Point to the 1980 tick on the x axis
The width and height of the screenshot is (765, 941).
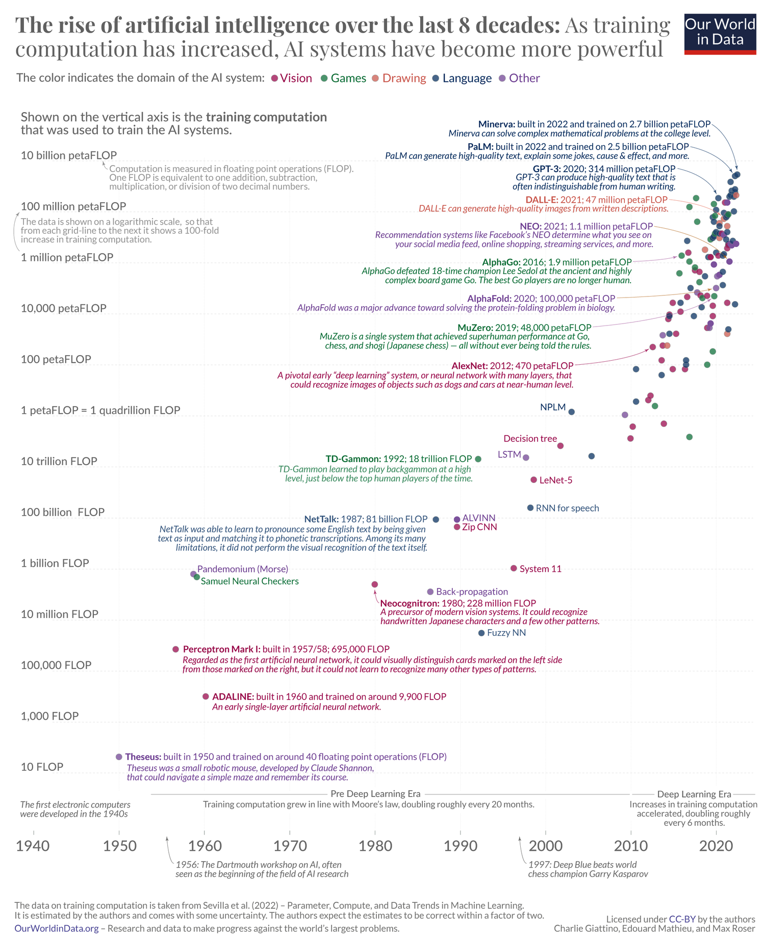[375, 846]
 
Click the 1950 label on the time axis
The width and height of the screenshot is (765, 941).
[120, 846]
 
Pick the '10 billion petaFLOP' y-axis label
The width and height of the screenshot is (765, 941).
[69, 155]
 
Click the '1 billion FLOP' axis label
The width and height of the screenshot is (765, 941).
[55, 563]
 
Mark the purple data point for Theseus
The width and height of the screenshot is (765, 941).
[119, 757]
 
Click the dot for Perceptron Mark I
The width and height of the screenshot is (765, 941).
[176, 649]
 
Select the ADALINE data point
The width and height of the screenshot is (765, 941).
[206, 696]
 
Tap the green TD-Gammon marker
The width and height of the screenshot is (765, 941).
[478, 459]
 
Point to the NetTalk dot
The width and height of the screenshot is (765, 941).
[436, 520]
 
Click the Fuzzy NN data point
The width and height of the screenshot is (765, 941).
[481, 633]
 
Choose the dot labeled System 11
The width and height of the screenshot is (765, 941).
[514, 568]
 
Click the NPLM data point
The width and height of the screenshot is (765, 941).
[572, 412]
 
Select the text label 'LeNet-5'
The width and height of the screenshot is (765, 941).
[555, 480]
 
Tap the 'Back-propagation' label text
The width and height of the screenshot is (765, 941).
[472, 592]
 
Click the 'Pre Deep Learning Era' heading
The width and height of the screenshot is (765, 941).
[375, 794]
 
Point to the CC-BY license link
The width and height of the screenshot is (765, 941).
[682, 919]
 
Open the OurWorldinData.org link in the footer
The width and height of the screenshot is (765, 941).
[57, 928]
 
